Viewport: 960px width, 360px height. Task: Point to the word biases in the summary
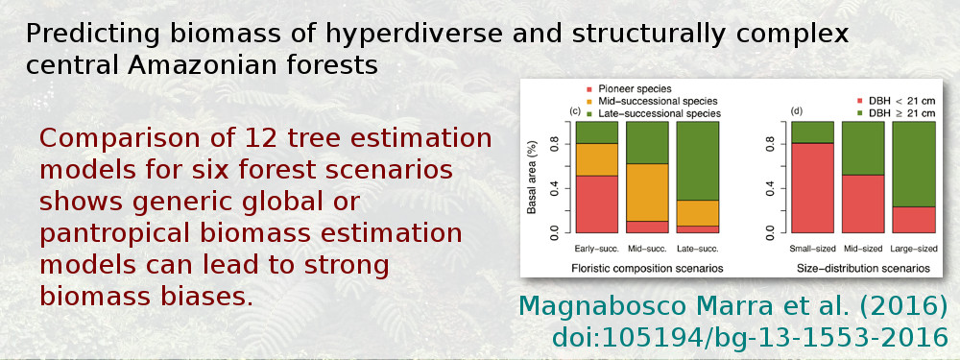coord(198,295)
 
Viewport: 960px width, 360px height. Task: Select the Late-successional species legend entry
coord(661,113)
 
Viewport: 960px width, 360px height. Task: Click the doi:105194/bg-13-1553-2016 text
coord(750,338)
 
